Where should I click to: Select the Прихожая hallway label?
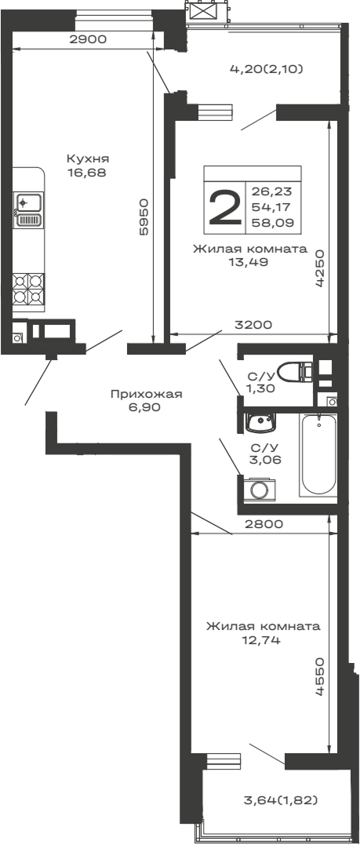click(x=146, y=394)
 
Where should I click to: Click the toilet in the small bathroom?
click(x=294, y=371)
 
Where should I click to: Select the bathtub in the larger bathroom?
click(x=318, y=455)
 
